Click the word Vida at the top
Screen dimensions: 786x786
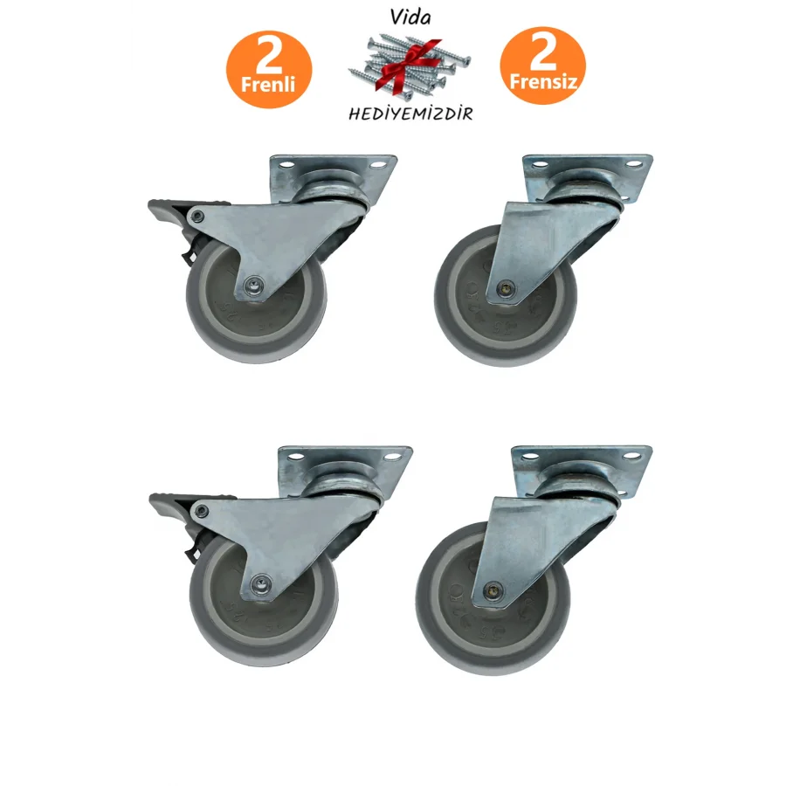(x=410, y=17)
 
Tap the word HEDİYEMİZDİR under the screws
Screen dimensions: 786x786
(x=410, y=114)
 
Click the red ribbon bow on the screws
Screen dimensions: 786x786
(x=409, y=64)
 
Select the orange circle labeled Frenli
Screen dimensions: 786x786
(x=269, y=69)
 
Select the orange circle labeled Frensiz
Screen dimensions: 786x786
(x=543, y=65)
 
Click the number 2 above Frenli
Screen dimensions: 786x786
(x=269, y=55)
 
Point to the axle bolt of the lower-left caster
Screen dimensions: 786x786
(x=260, y=583)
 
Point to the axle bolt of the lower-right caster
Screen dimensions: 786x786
(x=494, y=589)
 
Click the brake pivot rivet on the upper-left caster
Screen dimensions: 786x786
(x=197, y=217)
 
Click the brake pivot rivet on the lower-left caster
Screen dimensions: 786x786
(x=202, y=511)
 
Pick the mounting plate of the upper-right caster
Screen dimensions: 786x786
(x=588, y=178)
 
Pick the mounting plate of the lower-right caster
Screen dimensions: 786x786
(x=582, y=470)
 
